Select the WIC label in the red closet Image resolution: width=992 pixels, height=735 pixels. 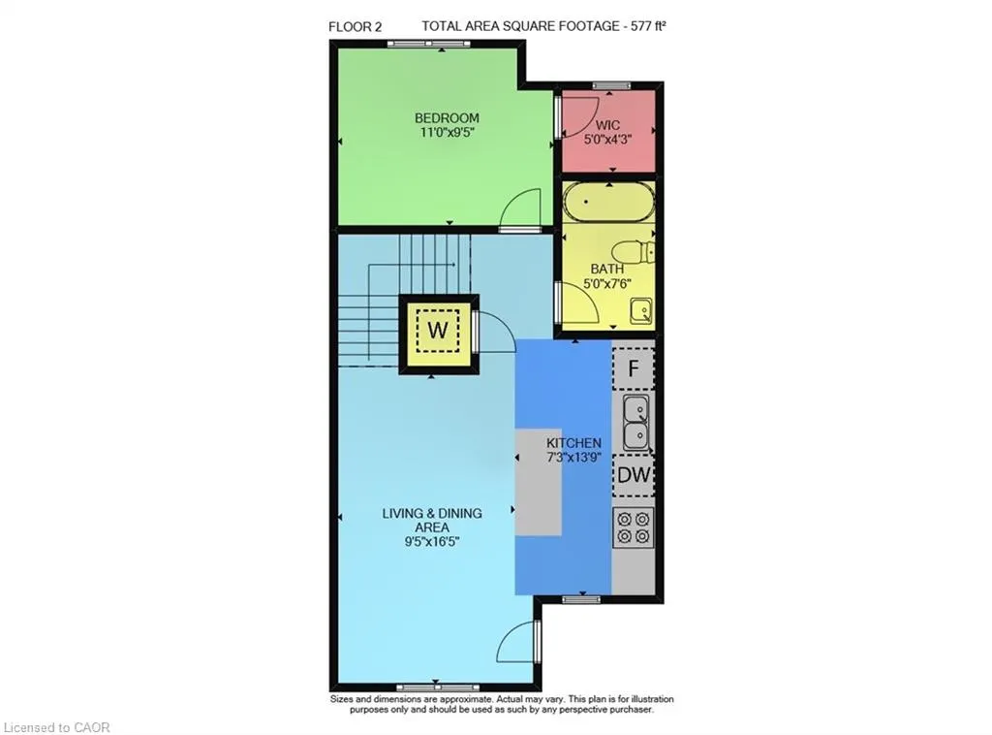[x=607, y=125]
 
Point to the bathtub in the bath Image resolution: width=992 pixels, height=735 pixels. [x=609, y=205]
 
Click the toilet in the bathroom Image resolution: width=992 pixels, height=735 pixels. [x=637, y=252]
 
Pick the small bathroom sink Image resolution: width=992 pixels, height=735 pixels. [x=640, y=311]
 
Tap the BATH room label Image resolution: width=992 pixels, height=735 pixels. [x=607, y=269]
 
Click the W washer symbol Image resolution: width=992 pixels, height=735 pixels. [x=438, y=330]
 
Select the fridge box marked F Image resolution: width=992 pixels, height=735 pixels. [x=634, y=368]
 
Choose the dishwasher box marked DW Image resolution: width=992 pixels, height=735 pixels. [x=634, y=476]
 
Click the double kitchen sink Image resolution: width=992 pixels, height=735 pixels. [x=635, y=422]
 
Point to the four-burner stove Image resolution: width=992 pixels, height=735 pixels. [x=634, y=526]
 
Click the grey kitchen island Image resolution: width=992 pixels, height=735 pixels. [x=539, y=481]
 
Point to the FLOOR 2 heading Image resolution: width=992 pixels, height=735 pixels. [x=355, y=27]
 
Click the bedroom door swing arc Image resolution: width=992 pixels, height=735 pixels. [x=523, y=208]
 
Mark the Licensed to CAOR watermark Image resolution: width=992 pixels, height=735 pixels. [x=58, y=726]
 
